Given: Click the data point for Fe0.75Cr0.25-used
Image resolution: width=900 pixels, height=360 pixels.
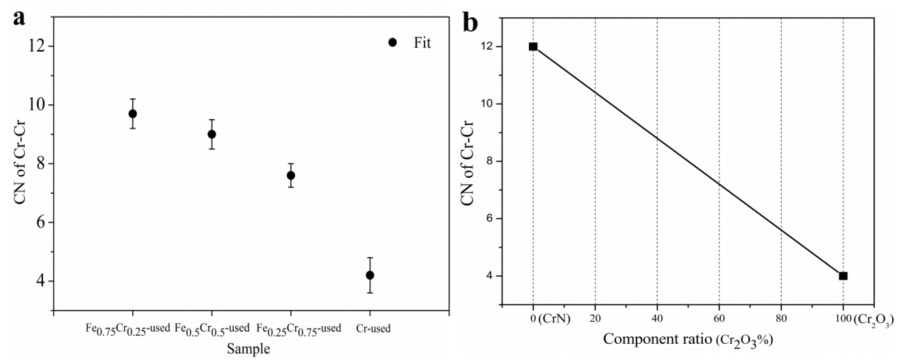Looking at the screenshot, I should [132, 114].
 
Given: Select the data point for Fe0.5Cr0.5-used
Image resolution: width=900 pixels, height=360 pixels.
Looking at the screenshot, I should [212, 134].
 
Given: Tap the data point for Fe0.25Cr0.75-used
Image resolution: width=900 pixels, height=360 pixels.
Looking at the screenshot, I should [291, 175].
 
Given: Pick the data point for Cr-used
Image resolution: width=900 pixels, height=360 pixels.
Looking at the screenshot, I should [370, 275].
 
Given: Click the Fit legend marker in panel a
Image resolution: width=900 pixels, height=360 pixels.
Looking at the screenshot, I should [392, 42].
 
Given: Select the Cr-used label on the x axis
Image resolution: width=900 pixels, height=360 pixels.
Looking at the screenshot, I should [373, 328].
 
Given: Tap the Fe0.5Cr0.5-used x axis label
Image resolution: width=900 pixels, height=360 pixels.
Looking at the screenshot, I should [212, 329].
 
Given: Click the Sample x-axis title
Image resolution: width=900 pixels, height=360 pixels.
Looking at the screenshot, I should [248, 348].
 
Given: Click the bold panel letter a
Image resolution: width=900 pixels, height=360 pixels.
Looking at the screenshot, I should [19, 18].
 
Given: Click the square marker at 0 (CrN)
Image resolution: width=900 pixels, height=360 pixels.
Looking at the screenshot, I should [533, 47].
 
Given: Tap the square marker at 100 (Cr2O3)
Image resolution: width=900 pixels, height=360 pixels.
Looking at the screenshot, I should [843, 276].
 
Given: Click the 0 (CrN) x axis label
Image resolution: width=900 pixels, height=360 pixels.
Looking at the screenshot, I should [550, 318].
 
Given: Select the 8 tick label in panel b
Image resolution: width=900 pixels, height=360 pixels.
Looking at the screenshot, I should [488, 161].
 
